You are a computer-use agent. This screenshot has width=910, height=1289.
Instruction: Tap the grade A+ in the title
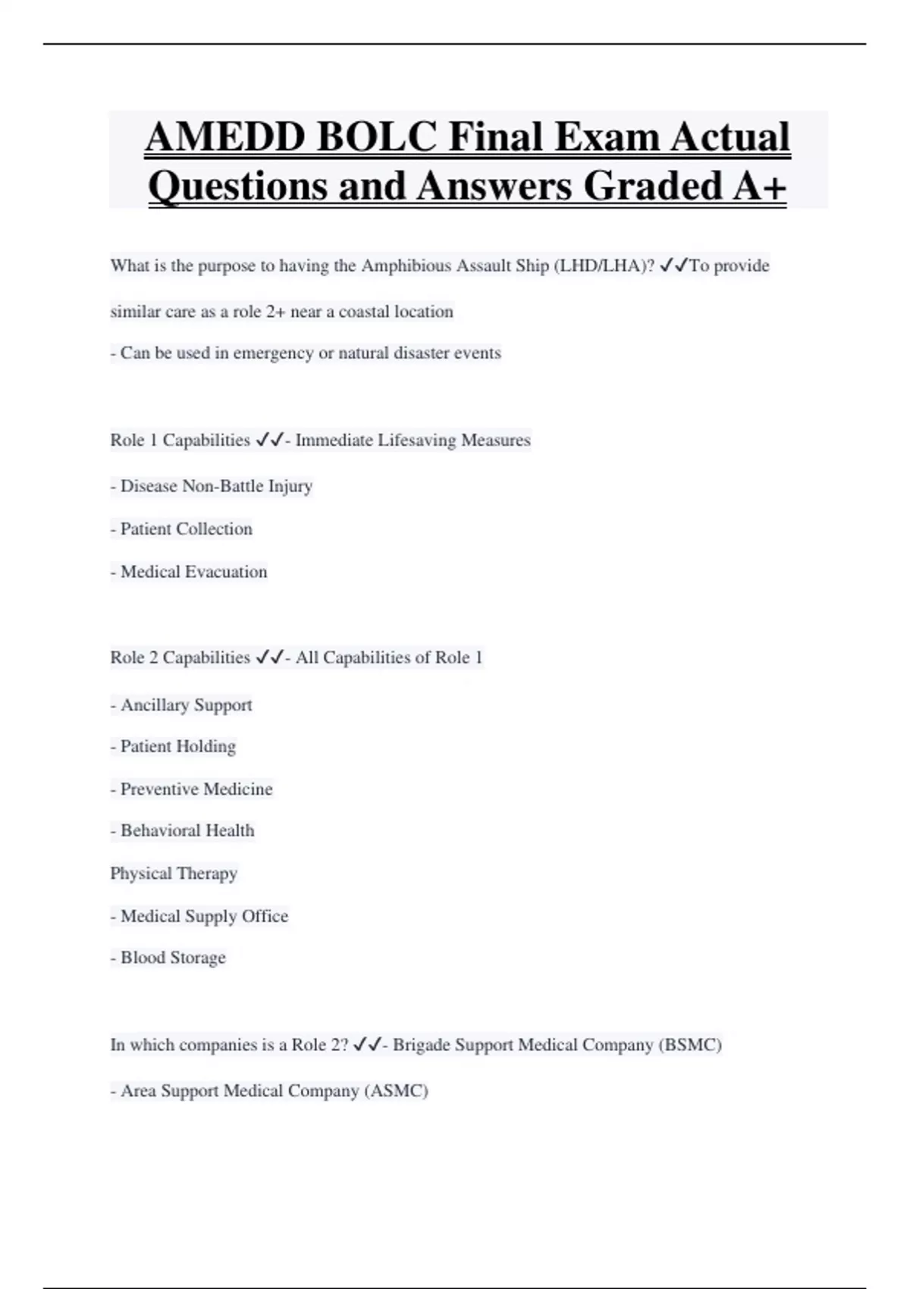(x=759, y=186)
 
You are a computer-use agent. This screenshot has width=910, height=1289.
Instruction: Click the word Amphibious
(x=406, y=266)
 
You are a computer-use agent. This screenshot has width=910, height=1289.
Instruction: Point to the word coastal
(x=363, y=312)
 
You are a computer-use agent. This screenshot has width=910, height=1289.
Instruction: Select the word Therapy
(x=206, y=873)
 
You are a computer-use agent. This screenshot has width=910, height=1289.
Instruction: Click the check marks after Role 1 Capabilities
(x=269, y=440)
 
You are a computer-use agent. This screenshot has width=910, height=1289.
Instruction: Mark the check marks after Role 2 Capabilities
(x=269, y=657)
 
